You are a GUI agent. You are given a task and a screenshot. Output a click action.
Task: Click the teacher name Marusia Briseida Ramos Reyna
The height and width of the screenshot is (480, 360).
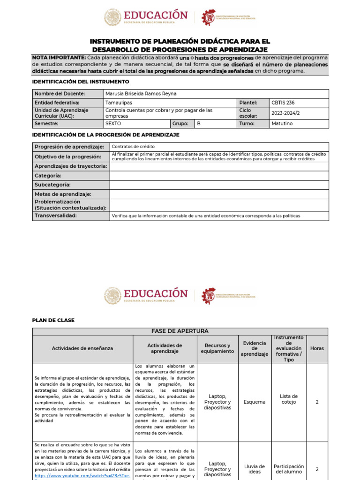click(x=141, y=93)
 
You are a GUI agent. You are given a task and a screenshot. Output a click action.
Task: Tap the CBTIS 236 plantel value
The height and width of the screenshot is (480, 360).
click(x=283, y=103)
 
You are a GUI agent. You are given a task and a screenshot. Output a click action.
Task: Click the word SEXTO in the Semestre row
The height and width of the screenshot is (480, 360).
click(x=113, y=124)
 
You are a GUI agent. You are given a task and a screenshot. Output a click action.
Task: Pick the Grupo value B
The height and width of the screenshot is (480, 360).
click(x=199, y=124)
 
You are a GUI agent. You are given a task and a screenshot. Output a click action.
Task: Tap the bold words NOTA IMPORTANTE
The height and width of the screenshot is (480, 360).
click(x=59, y=57)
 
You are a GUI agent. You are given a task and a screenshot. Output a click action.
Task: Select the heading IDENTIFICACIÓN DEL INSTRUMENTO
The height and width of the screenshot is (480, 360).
click(x=80, y=82)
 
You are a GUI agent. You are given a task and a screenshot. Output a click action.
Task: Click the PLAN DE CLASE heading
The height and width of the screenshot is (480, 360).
click(x=53, y=320)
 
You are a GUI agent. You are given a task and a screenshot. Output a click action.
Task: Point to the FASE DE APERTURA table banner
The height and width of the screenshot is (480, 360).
click(x=180, y=331)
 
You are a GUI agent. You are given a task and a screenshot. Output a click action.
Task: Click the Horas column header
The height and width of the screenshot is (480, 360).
click(x=317, y=348)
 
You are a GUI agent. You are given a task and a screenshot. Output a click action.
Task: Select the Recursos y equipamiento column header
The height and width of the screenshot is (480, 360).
click(x=217, y=348)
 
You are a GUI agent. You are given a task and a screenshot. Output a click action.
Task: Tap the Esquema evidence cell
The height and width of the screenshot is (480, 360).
click(x=255, y=402)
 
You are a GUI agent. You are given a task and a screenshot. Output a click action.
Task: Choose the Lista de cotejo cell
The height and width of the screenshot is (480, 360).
click(x=288, y=399)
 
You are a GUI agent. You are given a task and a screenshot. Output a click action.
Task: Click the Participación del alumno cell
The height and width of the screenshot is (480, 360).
click(x=288, y=469)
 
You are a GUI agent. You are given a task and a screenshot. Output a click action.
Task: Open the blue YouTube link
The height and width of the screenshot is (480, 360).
click(x=82, y=475)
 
